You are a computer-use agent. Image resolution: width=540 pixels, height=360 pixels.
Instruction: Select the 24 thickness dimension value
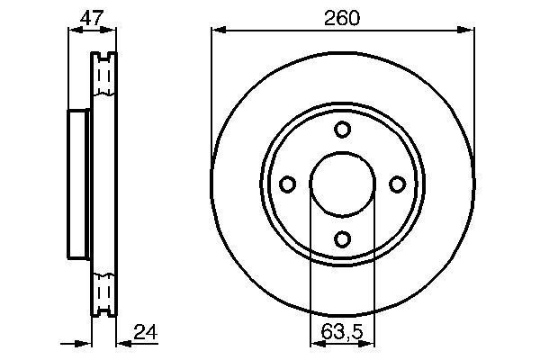(144, 332)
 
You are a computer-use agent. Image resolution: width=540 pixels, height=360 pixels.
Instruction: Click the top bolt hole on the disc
(342, 130)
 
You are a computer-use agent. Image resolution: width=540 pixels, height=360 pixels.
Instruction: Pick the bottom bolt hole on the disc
(342, 238)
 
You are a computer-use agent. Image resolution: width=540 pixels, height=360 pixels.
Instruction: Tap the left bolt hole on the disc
(288, 184)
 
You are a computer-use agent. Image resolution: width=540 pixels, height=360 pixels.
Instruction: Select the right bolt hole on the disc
(397, 184)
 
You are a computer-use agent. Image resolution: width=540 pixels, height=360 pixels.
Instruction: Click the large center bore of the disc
(342, 184)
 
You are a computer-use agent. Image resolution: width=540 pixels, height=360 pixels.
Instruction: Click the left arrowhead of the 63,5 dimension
(314, 344)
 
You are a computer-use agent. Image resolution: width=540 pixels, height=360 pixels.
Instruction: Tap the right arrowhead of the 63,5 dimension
(371, 344)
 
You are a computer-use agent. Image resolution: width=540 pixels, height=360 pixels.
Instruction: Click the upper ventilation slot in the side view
(104, 76)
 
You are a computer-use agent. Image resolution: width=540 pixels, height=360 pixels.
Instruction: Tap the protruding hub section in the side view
(78, 184)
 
